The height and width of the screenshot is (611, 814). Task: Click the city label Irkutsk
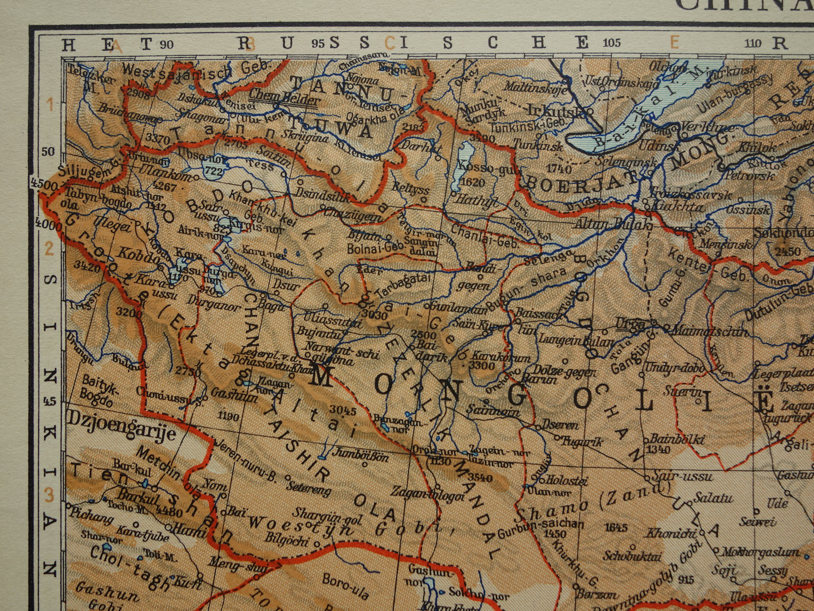559,109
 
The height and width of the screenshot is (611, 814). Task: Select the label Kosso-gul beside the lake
478,167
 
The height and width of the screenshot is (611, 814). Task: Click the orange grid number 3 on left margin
49,495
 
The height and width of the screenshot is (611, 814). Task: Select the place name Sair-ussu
683,476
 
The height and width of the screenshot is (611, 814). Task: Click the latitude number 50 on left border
48,152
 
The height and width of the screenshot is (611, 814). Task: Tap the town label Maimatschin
710,331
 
